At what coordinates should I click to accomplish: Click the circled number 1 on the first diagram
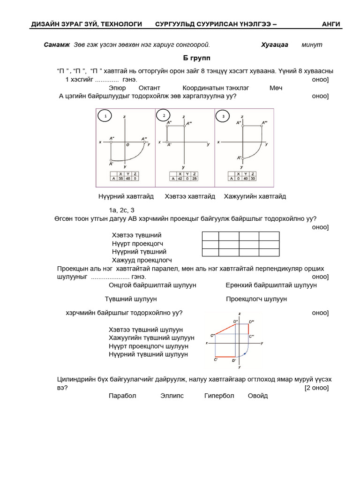(105, 116)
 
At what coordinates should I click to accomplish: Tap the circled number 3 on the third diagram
(223, 116)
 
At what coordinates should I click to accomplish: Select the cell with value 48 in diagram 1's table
(127, 178)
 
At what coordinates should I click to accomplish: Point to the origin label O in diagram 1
(127, 145)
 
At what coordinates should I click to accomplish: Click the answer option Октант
(150, 88)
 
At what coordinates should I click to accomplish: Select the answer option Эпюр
(117, 88)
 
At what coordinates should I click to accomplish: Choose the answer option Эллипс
(172, 396)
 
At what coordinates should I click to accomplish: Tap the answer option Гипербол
(219, 396)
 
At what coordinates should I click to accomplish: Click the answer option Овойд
(258, 396)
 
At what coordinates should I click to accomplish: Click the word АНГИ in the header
(331, 24)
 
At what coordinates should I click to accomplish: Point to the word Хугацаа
(274, 45)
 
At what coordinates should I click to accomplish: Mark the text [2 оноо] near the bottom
(316, 388)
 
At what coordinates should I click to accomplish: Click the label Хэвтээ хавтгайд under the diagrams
(190, 196)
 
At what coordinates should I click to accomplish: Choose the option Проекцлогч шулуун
(256, 299)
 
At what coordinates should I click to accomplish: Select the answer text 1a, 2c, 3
(122, 210)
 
